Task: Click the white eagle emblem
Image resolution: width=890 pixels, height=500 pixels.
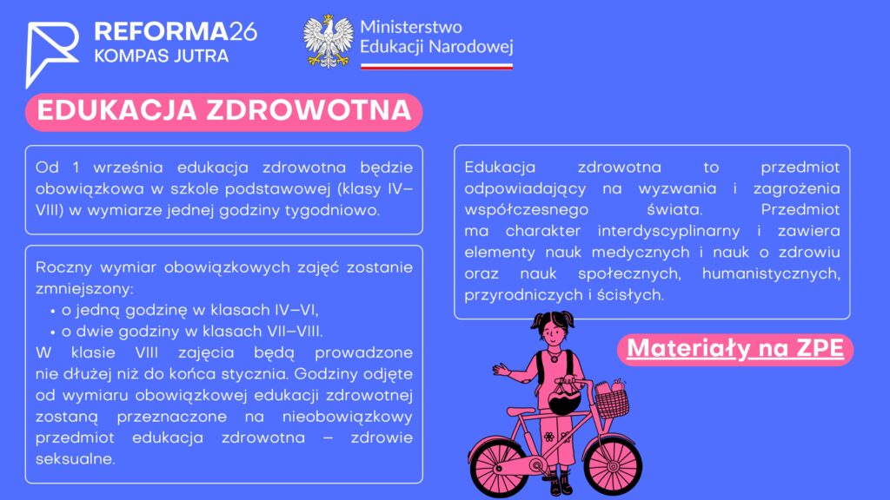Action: (328, 42)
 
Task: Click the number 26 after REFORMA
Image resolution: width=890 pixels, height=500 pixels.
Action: (243, 32)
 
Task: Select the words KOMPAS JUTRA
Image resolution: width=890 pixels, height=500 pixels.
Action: (161, 56)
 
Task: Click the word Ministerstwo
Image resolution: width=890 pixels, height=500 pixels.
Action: (411, 27)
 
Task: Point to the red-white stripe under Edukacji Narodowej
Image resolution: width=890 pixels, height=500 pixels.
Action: (436, 66)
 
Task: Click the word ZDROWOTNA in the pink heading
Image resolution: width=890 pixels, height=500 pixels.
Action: (309, 110)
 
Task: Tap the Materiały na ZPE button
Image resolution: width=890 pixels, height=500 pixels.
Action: (735, 349)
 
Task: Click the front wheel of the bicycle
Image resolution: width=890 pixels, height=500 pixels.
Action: (613, 466)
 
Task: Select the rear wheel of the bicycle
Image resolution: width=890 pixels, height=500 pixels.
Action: (498, 467)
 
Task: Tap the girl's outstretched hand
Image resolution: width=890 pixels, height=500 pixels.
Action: (501, 370)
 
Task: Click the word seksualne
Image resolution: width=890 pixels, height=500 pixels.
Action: (75, 459)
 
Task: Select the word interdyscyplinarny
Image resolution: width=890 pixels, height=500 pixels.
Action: (668, 231)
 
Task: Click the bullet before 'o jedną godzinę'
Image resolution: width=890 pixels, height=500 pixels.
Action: (53, 312)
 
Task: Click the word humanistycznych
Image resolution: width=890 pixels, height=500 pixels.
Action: (771, 274)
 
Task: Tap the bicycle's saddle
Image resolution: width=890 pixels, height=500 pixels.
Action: (521, 411)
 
